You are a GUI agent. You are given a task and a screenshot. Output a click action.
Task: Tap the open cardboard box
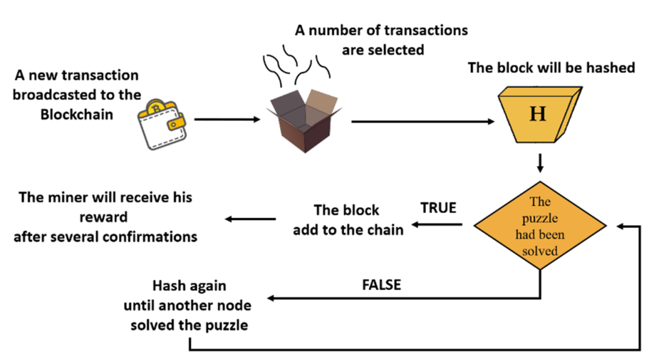[x=304, y=120]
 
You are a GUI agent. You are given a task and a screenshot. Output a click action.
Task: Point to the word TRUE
[x=438, y=207]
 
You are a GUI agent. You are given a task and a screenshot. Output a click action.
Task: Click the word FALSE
[x=381, y=285]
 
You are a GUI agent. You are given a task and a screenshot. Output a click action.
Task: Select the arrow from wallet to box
[x=226, y=118]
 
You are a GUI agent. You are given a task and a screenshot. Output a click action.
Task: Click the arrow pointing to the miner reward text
[x=250, y=218]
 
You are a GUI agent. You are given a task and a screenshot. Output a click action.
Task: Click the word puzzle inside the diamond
[x=540, y=218]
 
